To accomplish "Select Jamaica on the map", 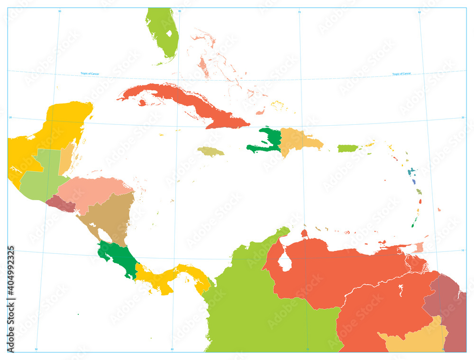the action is (x=210, y=151).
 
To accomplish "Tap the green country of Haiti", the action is (x=268, y=142).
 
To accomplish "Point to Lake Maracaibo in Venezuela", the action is (x=284, y=261).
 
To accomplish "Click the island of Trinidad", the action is (x=419, y=247).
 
